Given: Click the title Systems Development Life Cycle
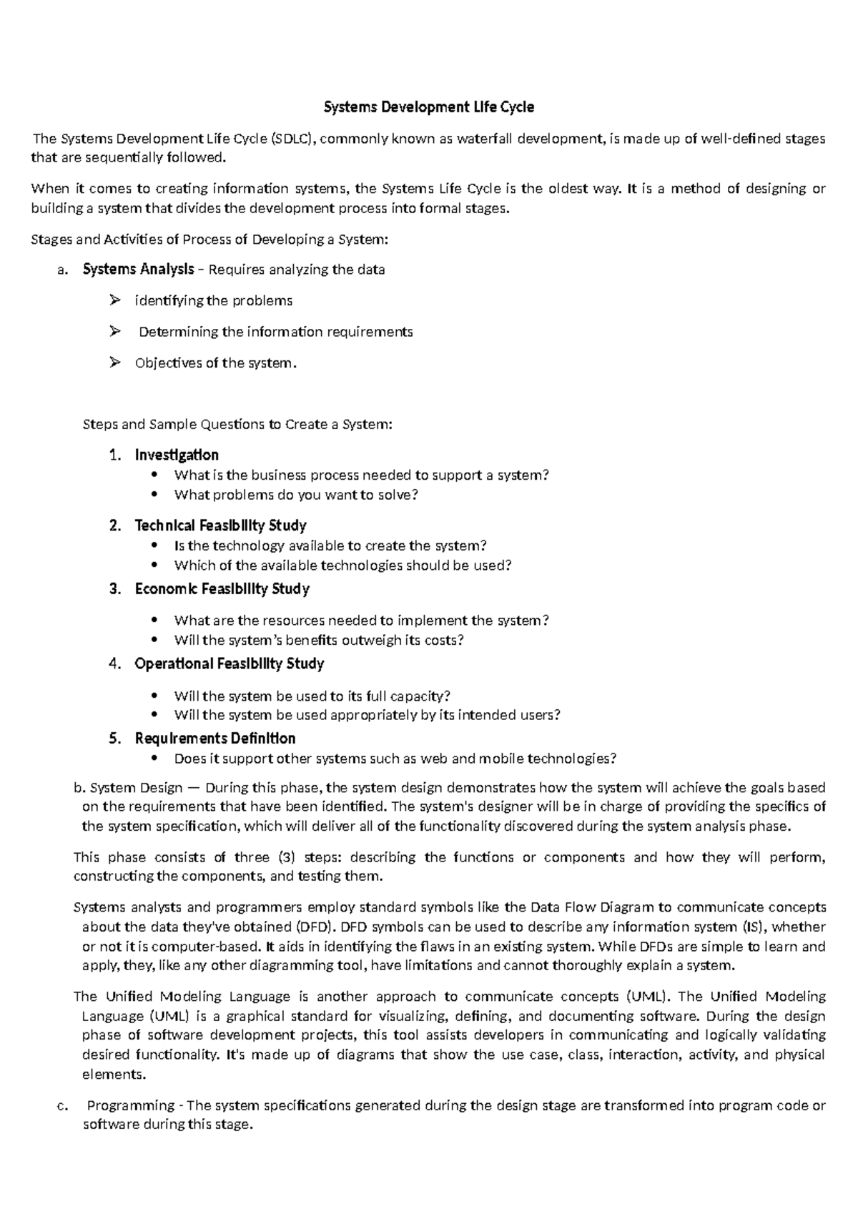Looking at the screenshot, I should (429, 107).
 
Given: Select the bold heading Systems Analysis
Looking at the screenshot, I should (138, 270).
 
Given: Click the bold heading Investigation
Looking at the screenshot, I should (177, 455).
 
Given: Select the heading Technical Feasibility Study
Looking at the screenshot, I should (220, 526).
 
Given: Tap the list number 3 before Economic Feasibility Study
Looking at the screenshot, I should (114, 589).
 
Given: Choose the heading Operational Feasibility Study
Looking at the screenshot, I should (229, 664).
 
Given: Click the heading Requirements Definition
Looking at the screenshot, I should (214, 739).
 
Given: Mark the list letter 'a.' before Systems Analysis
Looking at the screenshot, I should (62, 270).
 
